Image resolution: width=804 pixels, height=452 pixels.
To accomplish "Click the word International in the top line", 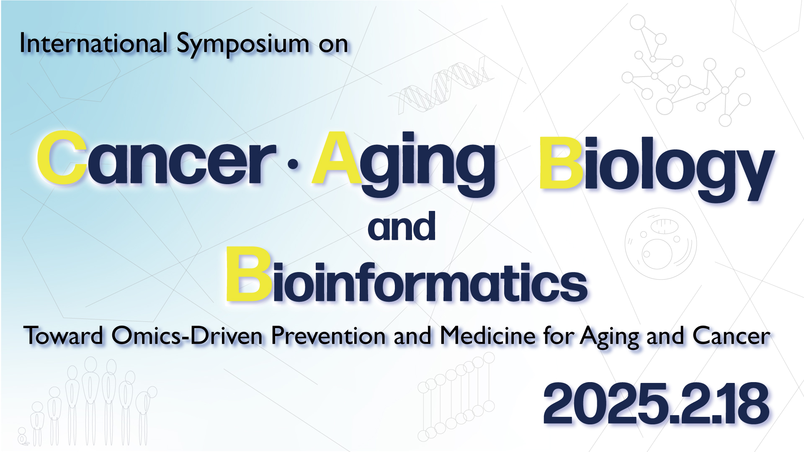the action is [x=93, y=43].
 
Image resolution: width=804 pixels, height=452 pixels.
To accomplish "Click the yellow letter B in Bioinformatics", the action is [x=249, y=274].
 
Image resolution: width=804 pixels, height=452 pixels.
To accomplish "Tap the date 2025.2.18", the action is [x=656, y=403].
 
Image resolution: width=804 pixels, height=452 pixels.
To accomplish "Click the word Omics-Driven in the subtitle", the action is [x=187, y=336].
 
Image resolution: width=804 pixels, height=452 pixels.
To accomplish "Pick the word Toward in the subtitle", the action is [x=63, y=336].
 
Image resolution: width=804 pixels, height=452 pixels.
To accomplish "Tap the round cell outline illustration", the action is [x=660, y=244].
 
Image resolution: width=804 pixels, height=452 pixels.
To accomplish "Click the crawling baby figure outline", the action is [x=23, y=437].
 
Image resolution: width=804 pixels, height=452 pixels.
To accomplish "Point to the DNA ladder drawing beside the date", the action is [x=456, y=397].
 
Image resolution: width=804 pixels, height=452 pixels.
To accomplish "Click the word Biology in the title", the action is [x=657, y=167].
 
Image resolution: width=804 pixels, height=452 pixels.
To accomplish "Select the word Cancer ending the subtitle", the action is [x=731, y=336].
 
